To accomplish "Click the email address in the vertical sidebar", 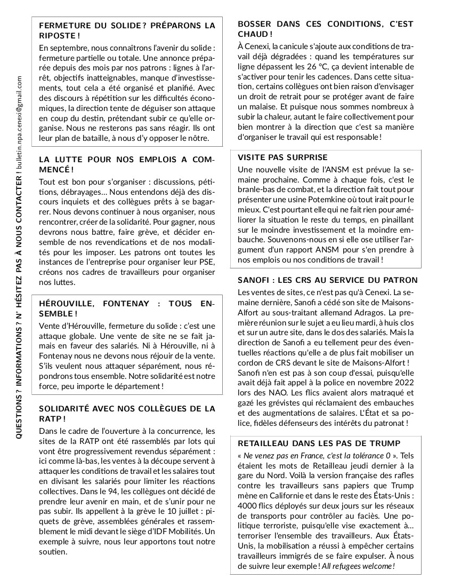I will (19, 123).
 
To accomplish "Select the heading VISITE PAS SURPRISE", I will (282, 157).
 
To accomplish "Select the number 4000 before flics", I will (248, 505).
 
